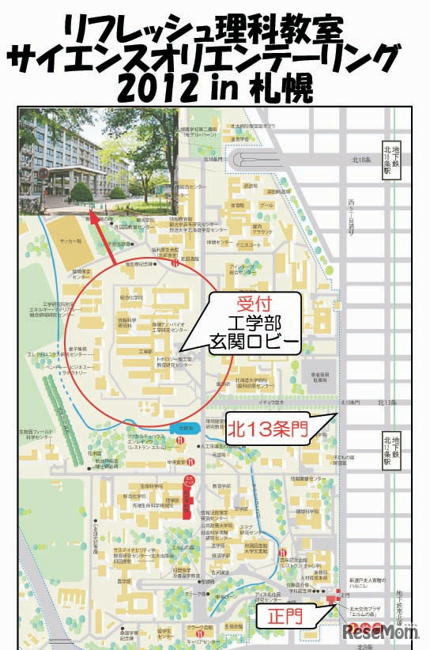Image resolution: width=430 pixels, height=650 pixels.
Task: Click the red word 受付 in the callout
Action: click(252, 305)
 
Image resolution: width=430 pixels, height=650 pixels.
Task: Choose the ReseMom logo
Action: click(381, 633)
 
